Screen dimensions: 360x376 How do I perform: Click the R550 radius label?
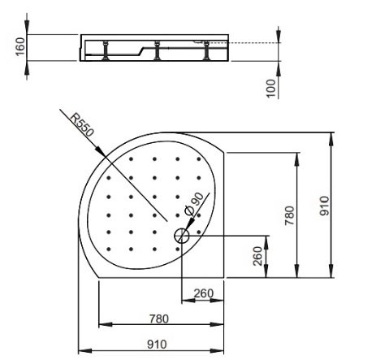pyautogui.click(x=81, y=126)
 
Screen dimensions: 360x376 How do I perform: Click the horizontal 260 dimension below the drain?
pyautogui.click(x=201, y=294)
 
